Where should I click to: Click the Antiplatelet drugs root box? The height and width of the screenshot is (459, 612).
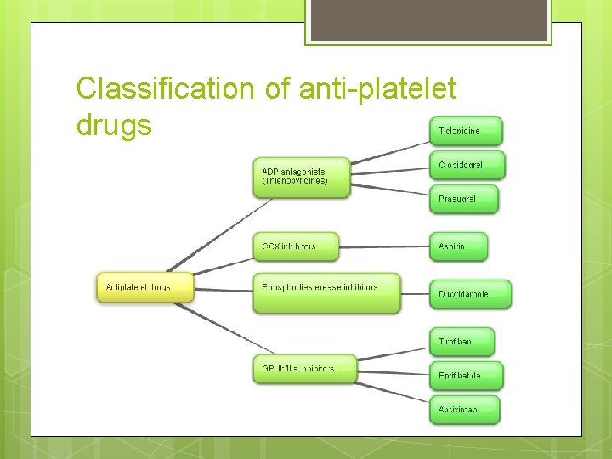(144, 287)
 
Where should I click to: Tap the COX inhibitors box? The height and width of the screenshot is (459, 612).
(295, 246)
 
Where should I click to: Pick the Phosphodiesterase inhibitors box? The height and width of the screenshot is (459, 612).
(326, 292)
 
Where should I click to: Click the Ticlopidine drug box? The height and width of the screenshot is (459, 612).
(467, 131)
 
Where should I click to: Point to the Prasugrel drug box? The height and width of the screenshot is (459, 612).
(464, 199)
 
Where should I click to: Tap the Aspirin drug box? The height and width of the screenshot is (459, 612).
(459, 246)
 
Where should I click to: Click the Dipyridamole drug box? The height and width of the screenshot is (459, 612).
(470, 294)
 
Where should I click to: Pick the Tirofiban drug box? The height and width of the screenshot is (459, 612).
(462, 342)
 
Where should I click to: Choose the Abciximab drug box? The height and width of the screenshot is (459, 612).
(464, 410)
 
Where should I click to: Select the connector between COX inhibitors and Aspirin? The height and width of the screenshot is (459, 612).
(383, 247)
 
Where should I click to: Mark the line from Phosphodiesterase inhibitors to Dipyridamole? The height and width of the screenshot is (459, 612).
(414, 293)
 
